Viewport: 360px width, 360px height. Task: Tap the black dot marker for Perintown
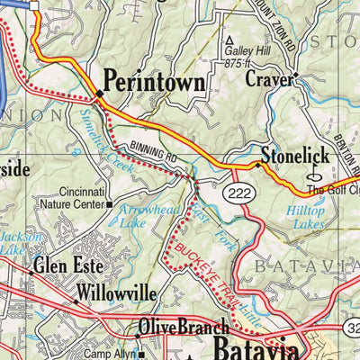pyautogui.click(x=99, y=93)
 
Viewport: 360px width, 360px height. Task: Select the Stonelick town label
pyautogui.click(x=295, y=155)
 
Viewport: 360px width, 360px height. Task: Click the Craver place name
pyautogui.click(x=268, y=79)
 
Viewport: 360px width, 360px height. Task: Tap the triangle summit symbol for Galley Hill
pyautogui.click(x=229, y=40)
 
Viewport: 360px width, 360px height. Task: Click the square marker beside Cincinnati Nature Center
pyautogui.click(x=110, y=203)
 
